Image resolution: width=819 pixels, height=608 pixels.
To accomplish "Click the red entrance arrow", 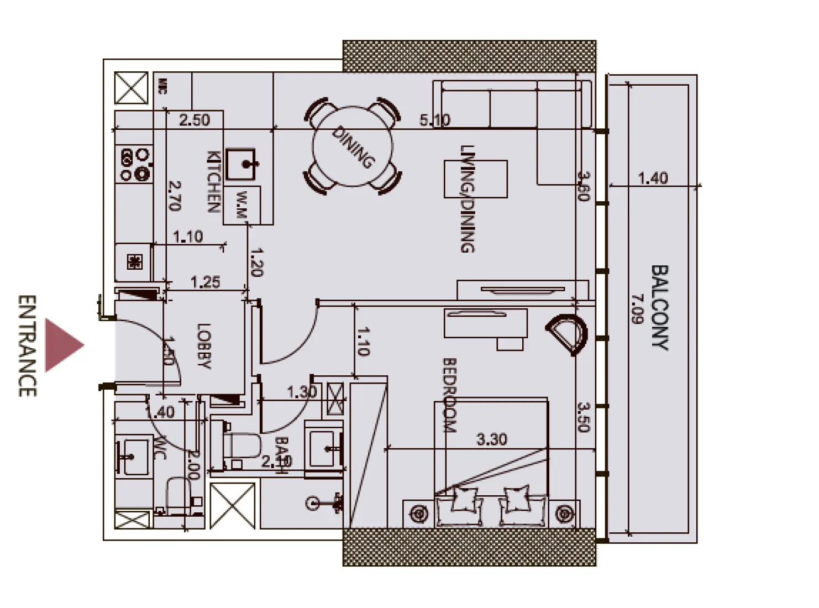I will pyautogui.click(x=63, y=345).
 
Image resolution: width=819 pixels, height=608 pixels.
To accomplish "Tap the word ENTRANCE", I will pyautogui.click(x=27, y=345).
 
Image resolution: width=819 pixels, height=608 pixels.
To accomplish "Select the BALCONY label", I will pyautogui.click(x=659, y=307).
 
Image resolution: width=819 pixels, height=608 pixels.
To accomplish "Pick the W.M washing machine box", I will pyautogui.click(x=242, y=205).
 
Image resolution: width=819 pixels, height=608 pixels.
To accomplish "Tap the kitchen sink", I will pyautogui.click(x=242, y=164).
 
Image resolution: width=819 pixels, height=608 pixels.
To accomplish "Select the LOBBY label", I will pyautogui.click(x=204, y=346).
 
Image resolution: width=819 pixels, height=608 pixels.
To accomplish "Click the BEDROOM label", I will pyautogui.click(x=449, y=395).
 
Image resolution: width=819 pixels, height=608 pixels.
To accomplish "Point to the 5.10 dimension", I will pyautogui.click(x=434, y=120).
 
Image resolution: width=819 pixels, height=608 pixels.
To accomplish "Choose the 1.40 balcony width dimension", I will pyautogui.click(x=653, y=178).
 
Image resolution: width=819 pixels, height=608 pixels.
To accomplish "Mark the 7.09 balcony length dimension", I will pyautogui.click(x=638, y=309).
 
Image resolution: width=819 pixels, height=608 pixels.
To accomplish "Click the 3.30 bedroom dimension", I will pyautogui.click(x=491, y=439).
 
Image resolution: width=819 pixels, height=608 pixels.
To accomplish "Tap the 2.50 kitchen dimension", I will pyautogui.click(x=195, y=120).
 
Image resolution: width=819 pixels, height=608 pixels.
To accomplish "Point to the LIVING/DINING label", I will pyautogui.click(x=468, y=199).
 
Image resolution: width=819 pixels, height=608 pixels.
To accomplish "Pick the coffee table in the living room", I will pyautogui.click(x=476, y=179).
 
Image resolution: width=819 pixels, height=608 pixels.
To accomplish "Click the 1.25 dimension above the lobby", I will pyautogui.click(x=205, y=282).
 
